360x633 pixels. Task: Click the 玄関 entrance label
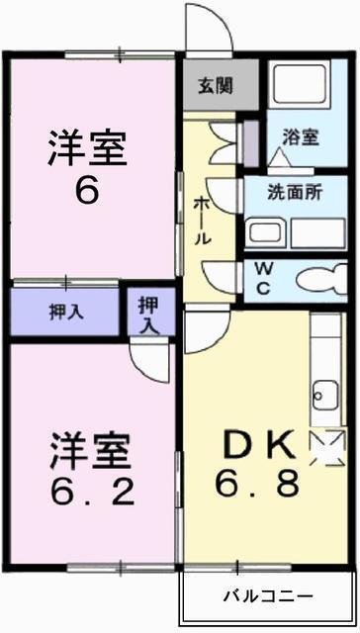pos(216,86)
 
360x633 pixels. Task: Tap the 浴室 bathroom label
pos(301,137)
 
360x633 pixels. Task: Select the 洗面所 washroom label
pos(295,194)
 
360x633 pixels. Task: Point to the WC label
pos(263,279)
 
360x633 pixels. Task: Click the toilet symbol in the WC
pos(321,279)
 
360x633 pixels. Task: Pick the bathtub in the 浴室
pos(300,83)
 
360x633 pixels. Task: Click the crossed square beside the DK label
pos(327,448)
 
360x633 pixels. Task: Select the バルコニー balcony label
pos(268,595)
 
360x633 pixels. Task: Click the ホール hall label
pos(202,221)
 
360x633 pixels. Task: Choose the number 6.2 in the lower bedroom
pos(92,493)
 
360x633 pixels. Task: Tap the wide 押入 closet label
pos(66,313)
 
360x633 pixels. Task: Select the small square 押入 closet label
pos(148,316)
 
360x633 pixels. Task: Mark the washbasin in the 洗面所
pos(266,233)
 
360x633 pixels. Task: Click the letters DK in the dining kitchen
pos(259,444)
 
